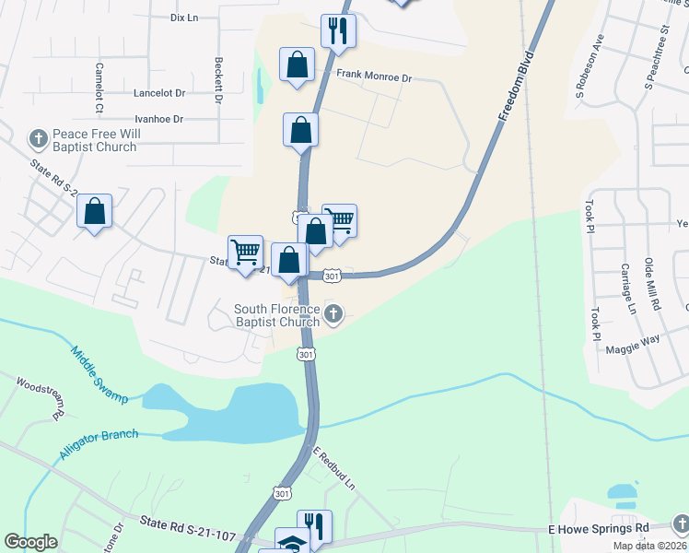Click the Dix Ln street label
pyautogui.click(x=185, y=18)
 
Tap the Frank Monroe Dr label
pyautogui.click(x=373, y=77)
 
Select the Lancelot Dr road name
pyautogui.click(x=159, y=93)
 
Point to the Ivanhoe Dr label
pyautogui.click(x=159, y=119)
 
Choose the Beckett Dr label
pyautogui.click(x=219, y=79)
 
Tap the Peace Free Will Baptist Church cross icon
pyautogui.click(x=38, y=139)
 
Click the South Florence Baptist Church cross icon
pyautogui.click(x=334, y=315)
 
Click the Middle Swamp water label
pyautogui.click(x=96, y=369)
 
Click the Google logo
pyautogui.click(x=31, y=541)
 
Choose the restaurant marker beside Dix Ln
pyautogui.click(x=338, y=31)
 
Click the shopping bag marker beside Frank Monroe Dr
pyautogui.click(x=297, y=66)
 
